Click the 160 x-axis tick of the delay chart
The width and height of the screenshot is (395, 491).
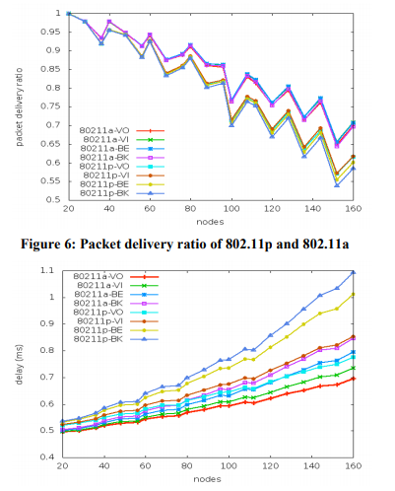pos(355,467)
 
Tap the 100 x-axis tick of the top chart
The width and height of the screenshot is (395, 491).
pos(231,209)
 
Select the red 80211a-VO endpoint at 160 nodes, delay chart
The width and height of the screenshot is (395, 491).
pos(355,378)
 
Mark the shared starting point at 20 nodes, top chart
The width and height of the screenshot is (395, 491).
pos(69,14)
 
